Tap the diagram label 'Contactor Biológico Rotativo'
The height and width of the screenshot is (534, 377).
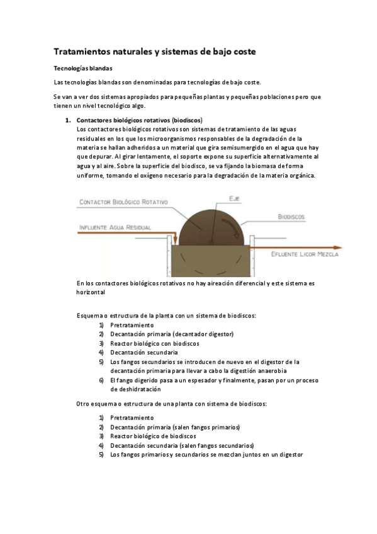tap(124, 202)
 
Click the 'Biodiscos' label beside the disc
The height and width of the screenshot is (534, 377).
tap(292, 216)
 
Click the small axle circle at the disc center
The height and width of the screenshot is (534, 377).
tap(214, 242)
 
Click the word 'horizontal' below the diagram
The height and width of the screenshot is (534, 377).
tap(91, 292)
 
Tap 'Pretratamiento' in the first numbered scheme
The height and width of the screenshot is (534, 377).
tap(132, 325)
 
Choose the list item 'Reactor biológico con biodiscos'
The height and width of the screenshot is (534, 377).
tap(154, 343)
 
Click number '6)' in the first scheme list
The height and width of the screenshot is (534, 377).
tap(101, 380)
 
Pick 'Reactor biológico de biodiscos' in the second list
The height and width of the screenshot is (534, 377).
tap(153, 436)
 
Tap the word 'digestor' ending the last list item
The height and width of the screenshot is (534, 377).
tap(290, 454)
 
